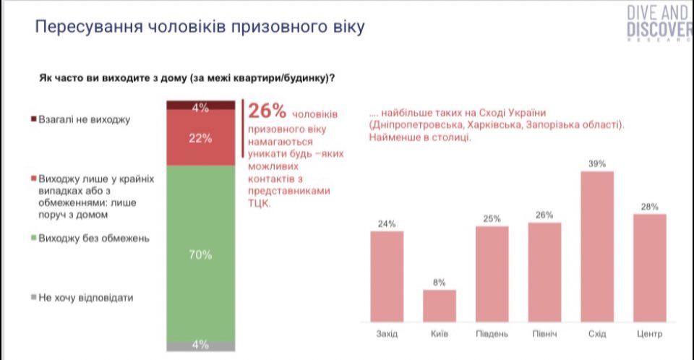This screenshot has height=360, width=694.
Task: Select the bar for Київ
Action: click(x=440, y=305)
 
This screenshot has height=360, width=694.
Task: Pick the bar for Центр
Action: click(x=649, y=267)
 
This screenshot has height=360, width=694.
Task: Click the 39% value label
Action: click(x=597, y=164)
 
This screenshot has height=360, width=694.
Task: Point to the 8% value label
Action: click(x=440, y=283)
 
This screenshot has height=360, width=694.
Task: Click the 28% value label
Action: click(x=649, y=207)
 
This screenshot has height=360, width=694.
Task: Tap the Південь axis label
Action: click(x=492, y=334)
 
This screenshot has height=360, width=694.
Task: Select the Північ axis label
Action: click(x=544, y=334)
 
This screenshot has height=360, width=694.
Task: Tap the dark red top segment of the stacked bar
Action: click(x=201, y=107)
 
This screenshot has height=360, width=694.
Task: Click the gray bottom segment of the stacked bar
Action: click(x=201, y=346)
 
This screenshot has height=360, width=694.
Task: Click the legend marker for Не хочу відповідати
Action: click(x=33, y=297)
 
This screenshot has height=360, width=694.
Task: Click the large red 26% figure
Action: click(x=268, y=111)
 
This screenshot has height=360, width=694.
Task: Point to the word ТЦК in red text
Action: click(x=259, y=203)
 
